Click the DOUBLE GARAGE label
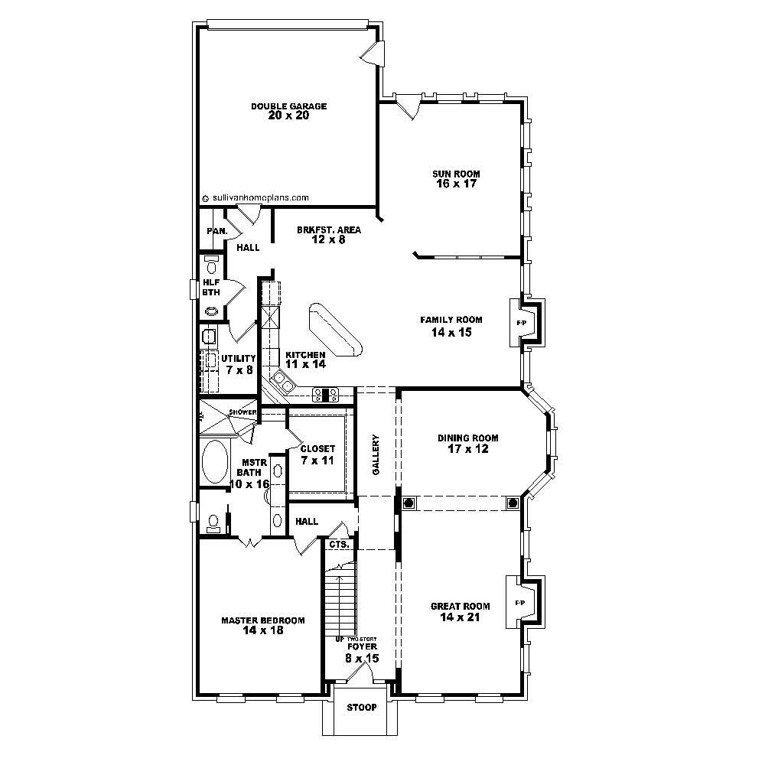click(288, 106)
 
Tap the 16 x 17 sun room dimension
click(455, 184)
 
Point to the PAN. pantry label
click(213, 231)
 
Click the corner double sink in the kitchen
click(282, 381)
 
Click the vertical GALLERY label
click(376, 456)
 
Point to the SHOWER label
click(243, 412)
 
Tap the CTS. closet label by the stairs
click(339, 545)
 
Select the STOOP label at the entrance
click(361, 708)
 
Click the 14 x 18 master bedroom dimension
click(262, 631)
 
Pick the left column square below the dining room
click(409, 503)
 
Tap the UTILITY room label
click(237, 358)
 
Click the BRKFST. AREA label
click(329, 229)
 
